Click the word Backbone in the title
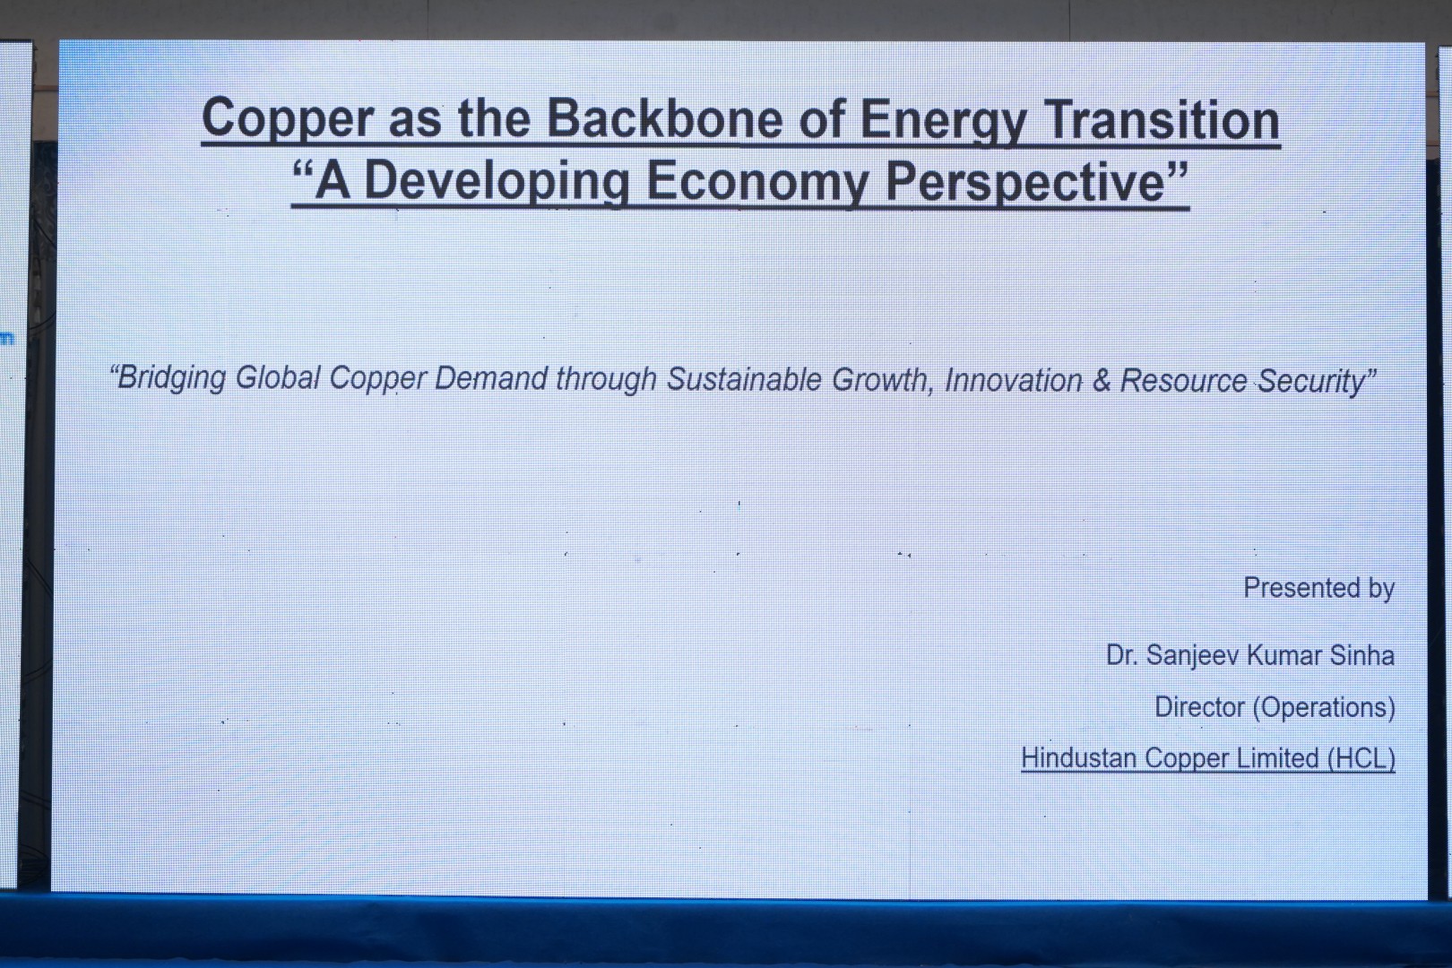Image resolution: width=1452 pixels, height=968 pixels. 664,118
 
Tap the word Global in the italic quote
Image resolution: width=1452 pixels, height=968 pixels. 278,377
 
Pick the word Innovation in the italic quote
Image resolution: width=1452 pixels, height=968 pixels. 1014,381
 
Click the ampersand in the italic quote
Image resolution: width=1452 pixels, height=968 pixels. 1102,381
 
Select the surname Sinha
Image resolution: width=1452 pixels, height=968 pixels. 1361,655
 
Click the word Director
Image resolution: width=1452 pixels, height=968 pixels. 1199,706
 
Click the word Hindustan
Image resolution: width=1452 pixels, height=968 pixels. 1078,758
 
